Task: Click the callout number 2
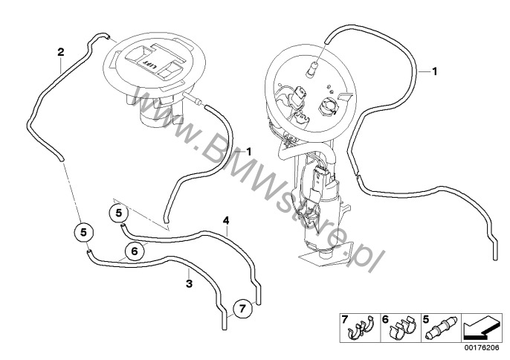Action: coord(61,52)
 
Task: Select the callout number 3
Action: coord(190,283)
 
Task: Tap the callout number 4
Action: coord(226,221)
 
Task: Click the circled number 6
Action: coord(135,251)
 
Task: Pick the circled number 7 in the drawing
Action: coord(242,308)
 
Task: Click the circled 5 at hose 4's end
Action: coord(119,213)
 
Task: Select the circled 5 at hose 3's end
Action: coord(84,232)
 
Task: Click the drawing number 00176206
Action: coord(482,348)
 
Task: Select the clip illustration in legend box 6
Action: coord(402,329)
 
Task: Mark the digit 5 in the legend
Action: coord(426,319)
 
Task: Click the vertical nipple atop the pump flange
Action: coord(312,68)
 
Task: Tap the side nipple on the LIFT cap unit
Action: coord(193,98)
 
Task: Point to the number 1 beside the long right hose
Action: coord(434,71)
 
